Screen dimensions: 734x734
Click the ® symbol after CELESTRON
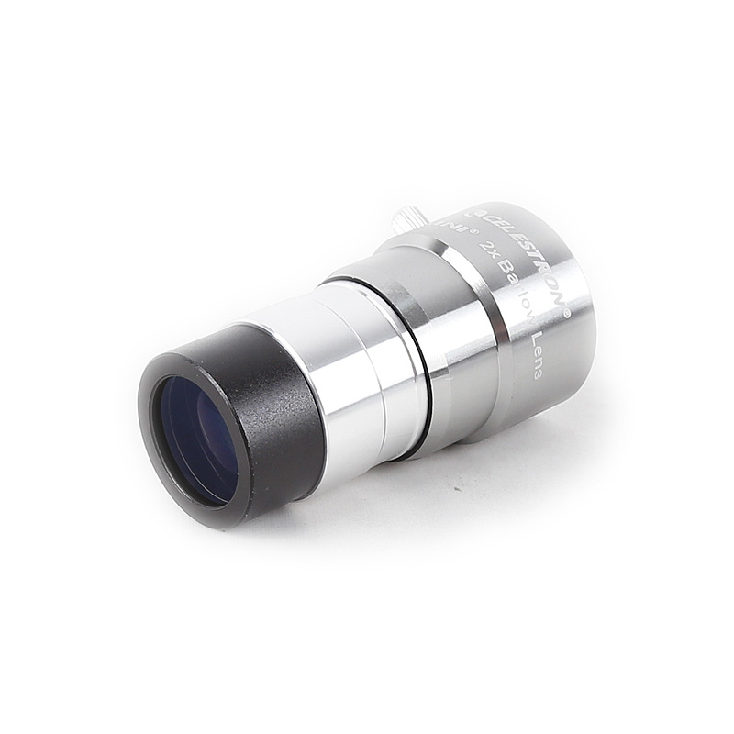click(x=566, y=313)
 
